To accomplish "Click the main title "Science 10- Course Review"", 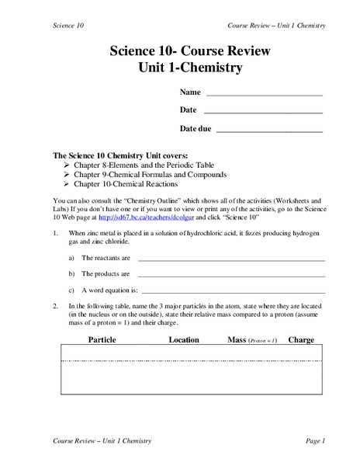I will (x=180, y=51).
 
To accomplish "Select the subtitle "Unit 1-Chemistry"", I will (x=180, y=68).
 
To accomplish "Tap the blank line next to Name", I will (x=264, y=95).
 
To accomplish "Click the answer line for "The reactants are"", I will (x=231, y=259).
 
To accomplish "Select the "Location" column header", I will (x=184, y=339).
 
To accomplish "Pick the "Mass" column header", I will (x=237, y=339).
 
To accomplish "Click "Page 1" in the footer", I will (x=315, y=441).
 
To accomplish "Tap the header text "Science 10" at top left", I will (x=68, y=26).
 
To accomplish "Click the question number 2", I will (x=55, y=306).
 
